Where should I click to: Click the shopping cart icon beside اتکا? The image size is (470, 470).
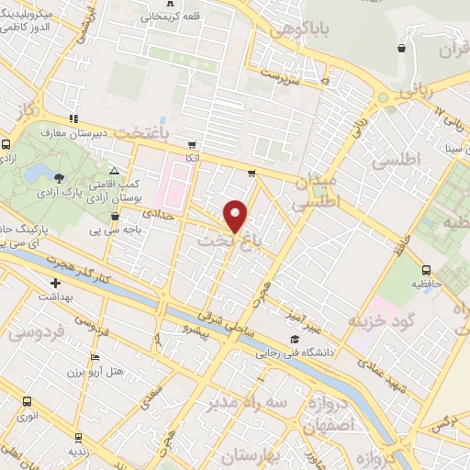pos(191,144)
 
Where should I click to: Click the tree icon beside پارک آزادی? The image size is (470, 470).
pos(60,177)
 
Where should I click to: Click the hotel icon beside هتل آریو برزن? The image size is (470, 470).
pos(94,358)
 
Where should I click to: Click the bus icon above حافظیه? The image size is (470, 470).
pos(426,270)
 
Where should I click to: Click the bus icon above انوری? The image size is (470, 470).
pos(27,401)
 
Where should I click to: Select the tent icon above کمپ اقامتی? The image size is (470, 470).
pos(114,172)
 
